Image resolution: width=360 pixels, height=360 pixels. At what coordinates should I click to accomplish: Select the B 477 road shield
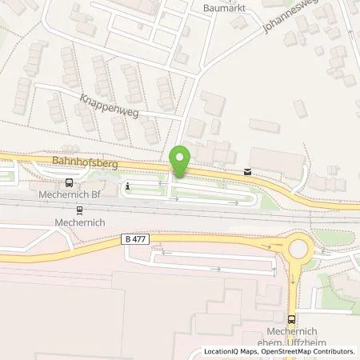coord(137,238)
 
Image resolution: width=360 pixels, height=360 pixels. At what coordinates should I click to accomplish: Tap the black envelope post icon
coord(247,170)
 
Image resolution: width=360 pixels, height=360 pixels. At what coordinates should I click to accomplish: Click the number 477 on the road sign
coord(141,238)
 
